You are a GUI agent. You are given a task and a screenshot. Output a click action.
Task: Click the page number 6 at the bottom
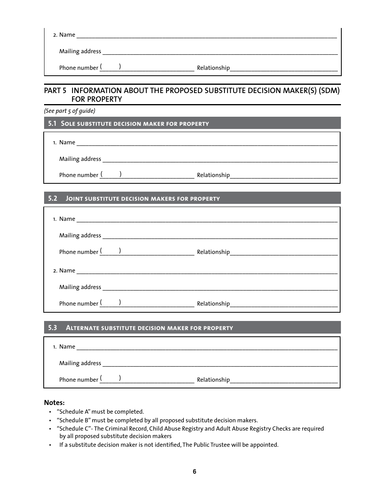[194, 472]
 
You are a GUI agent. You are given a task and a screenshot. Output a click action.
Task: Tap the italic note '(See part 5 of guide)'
[70, 111]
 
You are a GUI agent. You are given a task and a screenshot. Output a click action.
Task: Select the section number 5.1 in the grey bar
[52, 123]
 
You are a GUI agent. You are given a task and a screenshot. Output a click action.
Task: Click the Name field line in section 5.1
[207, 144]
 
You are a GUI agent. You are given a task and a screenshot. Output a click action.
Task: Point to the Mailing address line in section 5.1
[220, 160]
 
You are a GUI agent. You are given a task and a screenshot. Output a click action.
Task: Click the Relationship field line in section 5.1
[283, 176]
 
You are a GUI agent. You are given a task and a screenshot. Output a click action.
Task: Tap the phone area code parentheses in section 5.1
[110, 174]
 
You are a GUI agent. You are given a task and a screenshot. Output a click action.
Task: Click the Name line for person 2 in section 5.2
[207, 272]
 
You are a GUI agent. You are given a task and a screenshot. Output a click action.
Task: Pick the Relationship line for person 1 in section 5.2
[283, 253]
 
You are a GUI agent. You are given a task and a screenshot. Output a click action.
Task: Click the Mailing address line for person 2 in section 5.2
[220, 288]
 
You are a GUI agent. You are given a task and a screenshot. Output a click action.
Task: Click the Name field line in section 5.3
[207, 348]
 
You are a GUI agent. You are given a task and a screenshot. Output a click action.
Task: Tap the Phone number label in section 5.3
[78, 380]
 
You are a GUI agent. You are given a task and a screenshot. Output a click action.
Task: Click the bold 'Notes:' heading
[54, 403]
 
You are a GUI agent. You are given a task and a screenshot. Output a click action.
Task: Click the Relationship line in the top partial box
[283, 69]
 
